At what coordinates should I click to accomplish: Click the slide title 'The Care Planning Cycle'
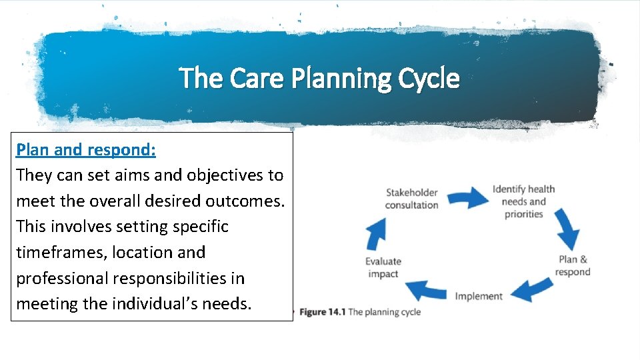pos(319,78)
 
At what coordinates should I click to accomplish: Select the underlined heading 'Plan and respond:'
pos(86,149)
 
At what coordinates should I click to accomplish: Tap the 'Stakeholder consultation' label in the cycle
pos(411,199)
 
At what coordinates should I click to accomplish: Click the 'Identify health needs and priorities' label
pos(523,201)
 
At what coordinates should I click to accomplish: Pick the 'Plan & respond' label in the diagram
pos(572,265)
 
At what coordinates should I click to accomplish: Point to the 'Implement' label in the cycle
pos(479,296)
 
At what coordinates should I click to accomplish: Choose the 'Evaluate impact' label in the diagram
pos(383,267)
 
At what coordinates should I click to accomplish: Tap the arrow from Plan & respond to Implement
pos(530,291)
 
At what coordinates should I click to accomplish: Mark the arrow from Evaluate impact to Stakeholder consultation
pos(377,233)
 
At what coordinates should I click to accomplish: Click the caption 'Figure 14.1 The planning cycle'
pos(360,312)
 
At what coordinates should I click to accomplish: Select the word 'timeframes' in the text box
pos(61,253)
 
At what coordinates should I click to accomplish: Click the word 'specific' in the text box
pos(200,227)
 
